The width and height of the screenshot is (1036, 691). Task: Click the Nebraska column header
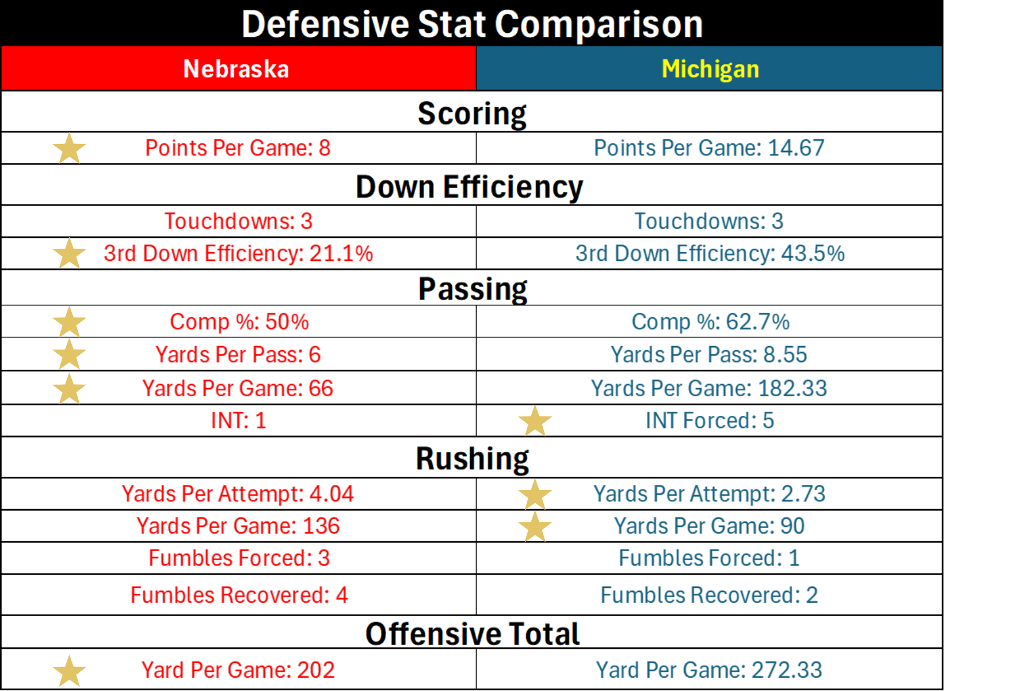click(x=236, y=69)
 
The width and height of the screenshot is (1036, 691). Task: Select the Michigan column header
click(x=710, y=69)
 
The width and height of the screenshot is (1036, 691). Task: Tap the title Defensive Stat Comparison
click(x=472, y=24)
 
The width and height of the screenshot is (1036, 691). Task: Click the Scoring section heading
click(x=472, y=113)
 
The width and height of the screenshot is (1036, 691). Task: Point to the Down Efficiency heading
click(x=469, y=187)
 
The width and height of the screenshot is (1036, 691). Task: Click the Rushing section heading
click(x=472, y=459)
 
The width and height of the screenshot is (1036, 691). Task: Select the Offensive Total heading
click(x=472, y=634)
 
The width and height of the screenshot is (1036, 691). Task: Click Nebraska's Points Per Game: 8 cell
click(x=238, y=148)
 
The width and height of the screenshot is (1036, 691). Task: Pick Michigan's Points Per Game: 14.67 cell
click(x=709, y=148)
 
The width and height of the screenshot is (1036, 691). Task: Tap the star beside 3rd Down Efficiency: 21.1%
click(x=69, y=254)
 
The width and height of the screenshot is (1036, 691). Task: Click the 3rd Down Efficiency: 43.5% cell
click(x=710, y=254)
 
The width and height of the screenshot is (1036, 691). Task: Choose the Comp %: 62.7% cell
click(x=710, y=322)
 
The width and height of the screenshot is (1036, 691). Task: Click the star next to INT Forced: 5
click(x=535, y=421)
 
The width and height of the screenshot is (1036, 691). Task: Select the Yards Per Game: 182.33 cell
click(x=709, y=389)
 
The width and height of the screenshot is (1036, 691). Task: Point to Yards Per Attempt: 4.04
click(x=238, y=494)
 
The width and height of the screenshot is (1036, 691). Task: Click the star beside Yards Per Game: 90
click(x=535, y=527)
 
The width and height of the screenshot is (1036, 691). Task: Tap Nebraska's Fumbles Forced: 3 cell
click(x=239, y=558)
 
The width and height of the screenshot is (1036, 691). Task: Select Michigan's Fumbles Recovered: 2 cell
click(x=709, y=595)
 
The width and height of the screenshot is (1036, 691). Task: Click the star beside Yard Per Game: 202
click(x=69, y=671)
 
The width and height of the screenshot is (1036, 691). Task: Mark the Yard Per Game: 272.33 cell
click(x=709, y=670)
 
